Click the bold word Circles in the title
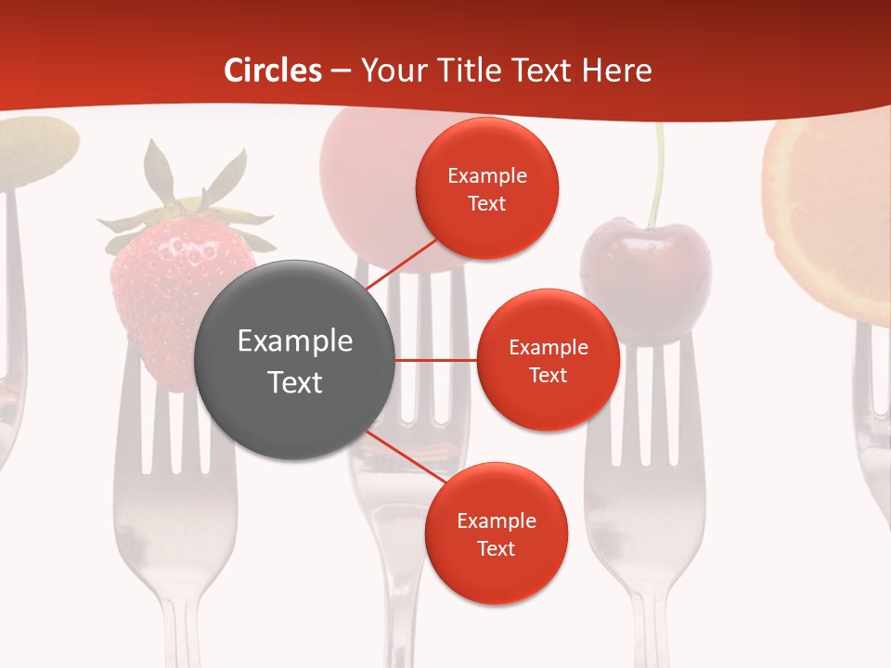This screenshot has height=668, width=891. coord(272,71)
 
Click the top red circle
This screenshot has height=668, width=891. coord(487,188)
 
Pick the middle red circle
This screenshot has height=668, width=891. coord(548,360)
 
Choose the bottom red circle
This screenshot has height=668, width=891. coord(496,533)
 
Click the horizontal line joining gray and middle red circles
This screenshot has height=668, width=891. coord(436,360)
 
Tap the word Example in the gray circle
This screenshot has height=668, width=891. coord(295,341)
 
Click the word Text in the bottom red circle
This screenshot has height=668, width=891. coord(496,548)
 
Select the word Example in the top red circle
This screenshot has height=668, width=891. coord(487,175)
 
